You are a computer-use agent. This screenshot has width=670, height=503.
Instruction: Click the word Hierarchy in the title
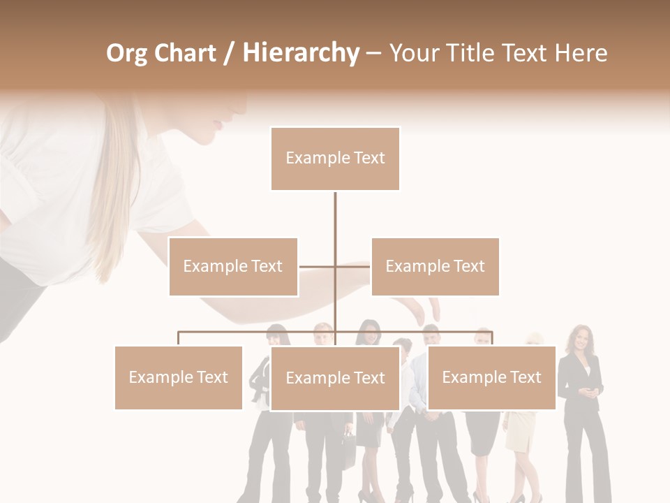301,54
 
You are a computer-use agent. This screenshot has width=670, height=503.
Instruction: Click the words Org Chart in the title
161,54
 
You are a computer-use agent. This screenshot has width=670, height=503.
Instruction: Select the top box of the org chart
335,159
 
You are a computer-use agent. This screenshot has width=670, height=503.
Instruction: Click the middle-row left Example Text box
233,266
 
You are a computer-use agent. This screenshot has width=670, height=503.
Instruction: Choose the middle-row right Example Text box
435,266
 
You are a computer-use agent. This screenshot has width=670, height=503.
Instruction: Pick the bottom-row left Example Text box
178,377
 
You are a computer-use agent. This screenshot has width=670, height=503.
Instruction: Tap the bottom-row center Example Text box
335,378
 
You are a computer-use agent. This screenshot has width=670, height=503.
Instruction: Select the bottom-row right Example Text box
491,377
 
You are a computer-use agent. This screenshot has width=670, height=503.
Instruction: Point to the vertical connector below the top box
335,217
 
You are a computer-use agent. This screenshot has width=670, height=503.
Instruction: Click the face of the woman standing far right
581,340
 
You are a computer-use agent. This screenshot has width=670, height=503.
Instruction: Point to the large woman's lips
221,126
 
